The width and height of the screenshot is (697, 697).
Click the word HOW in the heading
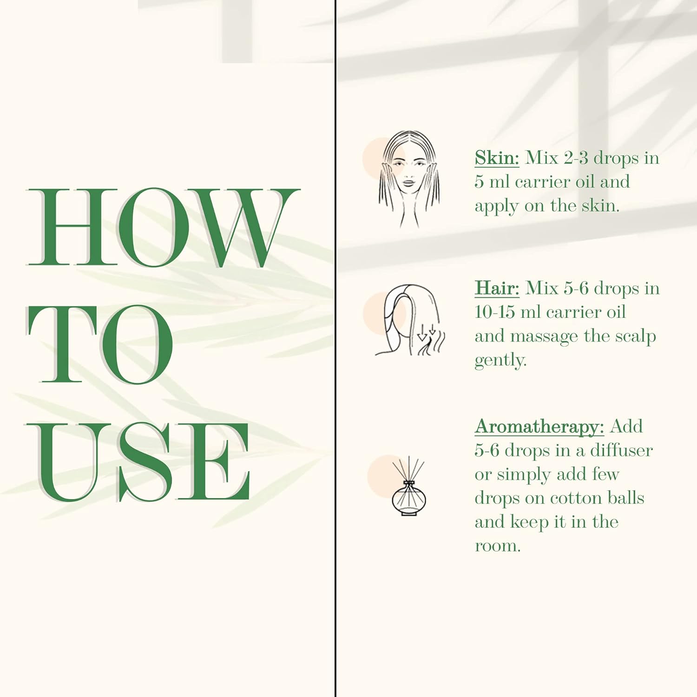tap(164, 227)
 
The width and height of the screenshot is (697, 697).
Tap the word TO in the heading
tap(100, 344)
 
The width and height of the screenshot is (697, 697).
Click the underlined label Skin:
tap(497, 158)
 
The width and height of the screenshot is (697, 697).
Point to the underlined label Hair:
tap(497, 288)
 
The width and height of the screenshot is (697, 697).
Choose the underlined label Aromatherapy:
tap(539, 427)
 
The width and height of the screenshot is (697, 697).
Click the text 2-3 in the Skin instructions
tap(576, 158)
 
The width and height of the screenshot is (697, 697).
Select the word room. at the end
tap(497, 546)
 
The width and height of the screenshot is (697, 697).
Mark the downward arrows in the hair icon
tap(427, 333)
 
